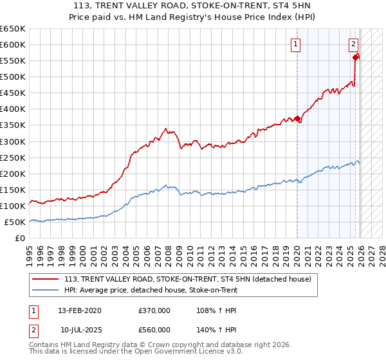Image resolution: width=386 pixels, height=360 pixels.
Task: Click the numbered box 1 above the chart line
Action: click(x=295, y=44)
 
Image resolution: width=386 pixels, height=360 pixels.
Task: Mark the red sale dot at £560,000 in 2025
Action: click(x=356, y=57)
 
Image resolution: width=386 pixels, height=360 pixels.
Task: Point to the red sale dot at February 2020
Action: click(x=297, y=118)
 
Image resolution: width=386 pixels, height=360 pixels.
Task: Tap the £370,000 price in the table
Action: click(x=154, y=310)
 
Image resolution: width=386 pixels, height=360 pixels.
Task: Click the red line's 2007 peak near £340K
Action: click(x=166, y=129)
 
